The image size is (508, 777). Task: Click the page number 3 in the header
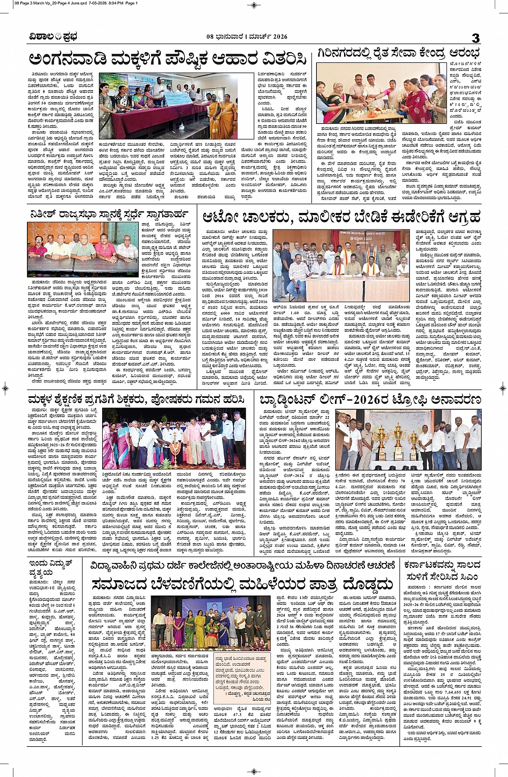point(475,38)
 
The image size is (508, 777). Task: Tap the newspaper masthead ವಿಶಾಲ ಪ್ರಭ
point(54,37)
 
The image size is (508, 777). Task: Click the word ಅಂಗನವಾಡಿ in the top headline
point(68,59)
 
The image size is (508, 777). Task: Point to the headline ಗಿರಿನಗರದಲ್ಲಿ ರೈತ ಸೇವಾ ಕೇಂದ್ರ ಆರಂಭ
point(399,54)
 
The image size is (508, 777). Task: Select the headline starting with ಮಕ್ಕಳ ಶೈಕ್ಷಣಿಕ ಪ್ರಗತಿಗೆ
point(138,400)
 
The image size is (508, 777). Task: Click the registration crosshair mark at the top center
point(254,5)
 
